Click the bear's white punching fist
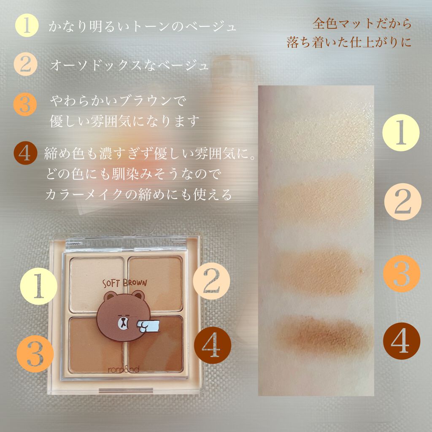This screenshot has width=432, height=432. coord(148,326)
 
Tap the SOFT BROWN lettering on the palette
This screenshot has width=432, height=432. coord(125,283)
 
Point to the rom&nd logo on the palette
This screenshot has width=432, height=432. coord(124,369)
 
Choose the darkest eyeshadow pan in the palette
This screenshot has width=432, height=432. coord(156,344)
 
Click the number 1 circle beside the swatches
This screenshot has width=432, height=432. coord(401,132)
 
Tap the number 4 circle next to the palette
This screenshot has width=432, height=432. coord(213,346)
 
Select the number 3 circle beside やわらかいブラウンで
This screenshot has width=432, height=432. coord(25,105)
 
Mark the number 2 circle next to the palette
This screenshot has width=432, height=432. coord(211,281)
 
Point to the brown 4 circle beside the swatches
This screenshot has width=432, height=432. coord(402,341)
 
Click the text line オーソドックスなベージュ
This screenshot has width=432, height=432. coord(130,65)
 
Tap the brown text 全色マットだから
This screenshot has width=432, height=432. coord(362,24)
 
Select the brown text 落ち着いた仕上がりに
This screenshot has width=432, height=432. coord(349,42)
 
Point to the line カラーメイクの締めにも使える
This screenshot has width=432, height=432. coord(138,194)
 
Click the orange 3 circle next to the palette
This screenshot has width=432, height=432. coord(35,354)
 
